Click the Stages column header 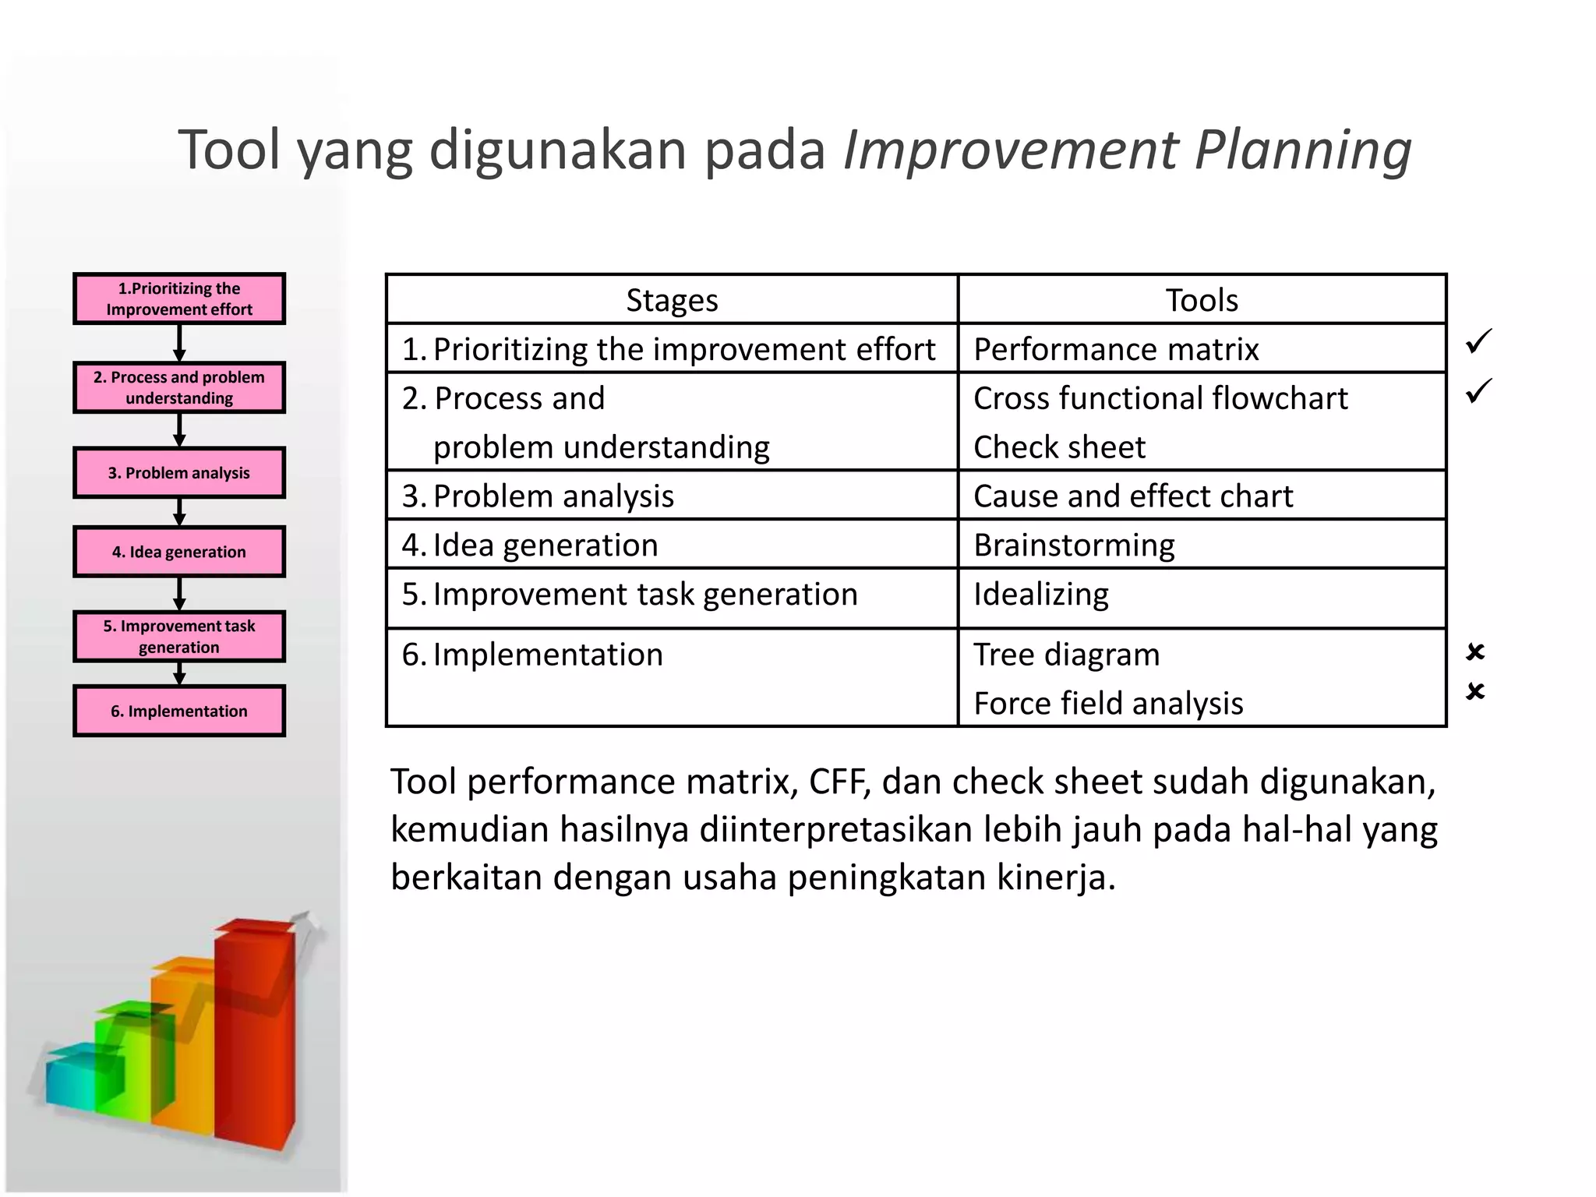click(672, 300)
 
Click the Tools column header click(1201, 300)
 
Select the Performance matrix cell click(1116, 349)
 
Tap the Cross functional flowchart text click(1160, 398)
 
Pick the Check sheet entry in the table click(1059, 447)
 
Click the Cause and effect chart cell click(1132, 496)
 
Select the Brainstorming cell click(1074, 546)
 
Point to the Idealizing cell click(1040, 595)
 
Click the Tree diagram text click(1066, 655)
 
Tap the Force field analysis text click(1107, 704)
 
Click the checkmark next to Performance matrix click(1478, 341)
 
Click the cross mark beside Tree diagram click(1474, 651)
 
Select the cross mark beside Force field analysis click(1474, 691)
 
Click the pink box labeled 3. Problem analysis click(179, 473)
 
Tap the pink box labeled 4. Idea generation click(179, 552)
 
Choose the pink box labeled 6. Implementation click(179, 711)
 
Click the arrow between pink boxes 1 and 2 click(179, 343)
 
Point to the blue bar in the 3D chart click(70, 1079)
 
